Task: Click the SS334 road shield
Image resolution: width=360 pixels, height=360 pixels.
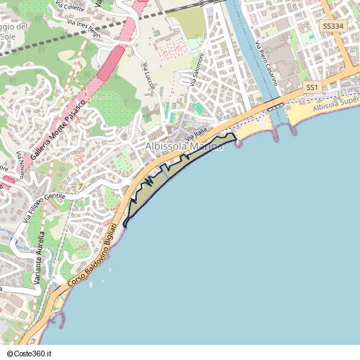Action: pyautogui.click(x=333, y=26)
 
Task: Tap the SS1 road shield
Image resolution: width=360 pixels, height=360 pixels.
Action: pyautogui.click(x=312, y=87)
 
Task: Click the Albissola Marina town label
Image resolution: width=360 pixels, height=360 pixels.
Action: pyautogui.click(x=183, y=147)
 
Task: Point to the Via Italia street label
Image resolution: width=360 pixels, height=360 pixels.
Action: pyautogui.click(x=195, y=135)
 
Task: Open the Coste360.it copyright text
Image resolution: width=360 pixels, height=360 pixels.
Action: pyautogui.click(x=28, y=354)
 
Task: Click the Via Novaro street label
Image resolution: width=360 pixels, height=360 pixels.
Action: pyautogui.click(x=27, y=166)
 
